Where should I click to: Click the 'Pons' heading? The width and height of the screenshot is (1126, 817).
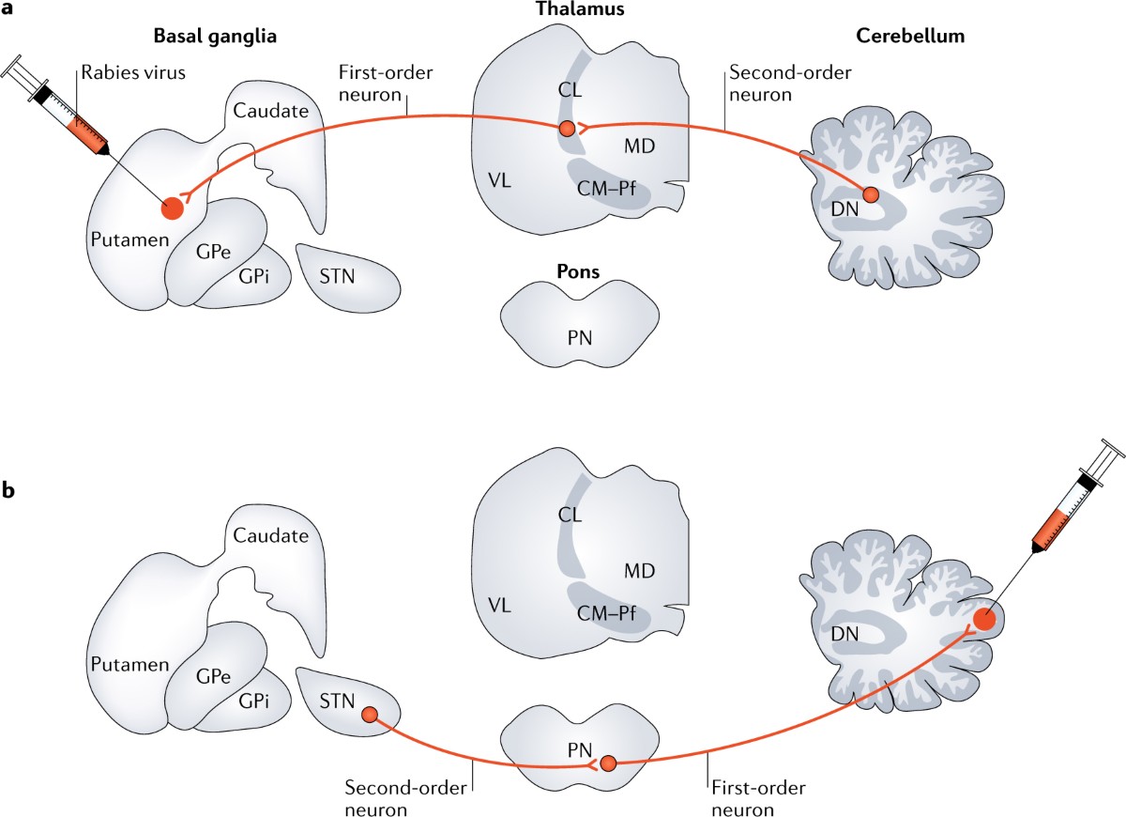point(575,272)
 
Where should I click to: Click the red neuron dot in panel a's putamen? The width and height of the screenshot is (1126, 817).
point(173,208)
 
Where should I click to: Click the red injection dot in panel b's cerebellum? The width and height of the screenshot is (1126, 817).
point(983,619)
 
